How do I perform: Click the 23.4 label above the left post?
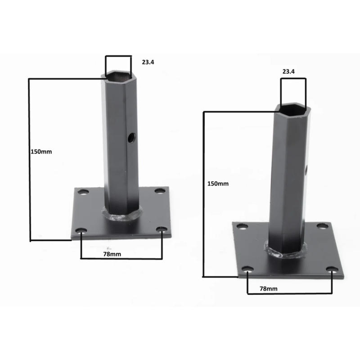pos(148,63)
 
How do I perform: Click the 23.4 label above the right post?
pos(289,71)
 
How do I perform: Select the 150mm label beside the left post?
pos(41,152)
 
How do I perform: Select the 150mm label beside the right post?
pos(218,184)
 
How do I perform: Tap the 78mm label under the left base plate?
pos(111,254)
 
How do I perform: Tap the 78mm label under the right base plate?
pos(269,288)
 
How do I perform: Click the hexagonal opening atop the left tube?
pos(118,77)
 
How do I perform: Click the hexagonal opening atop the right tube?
pos(292,108)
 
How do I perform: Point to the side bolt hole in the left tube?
pos(131,136)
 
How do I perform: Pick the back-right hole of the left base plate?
pos(158,191)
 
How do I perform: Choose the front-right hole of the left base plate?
pos(161,230)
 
